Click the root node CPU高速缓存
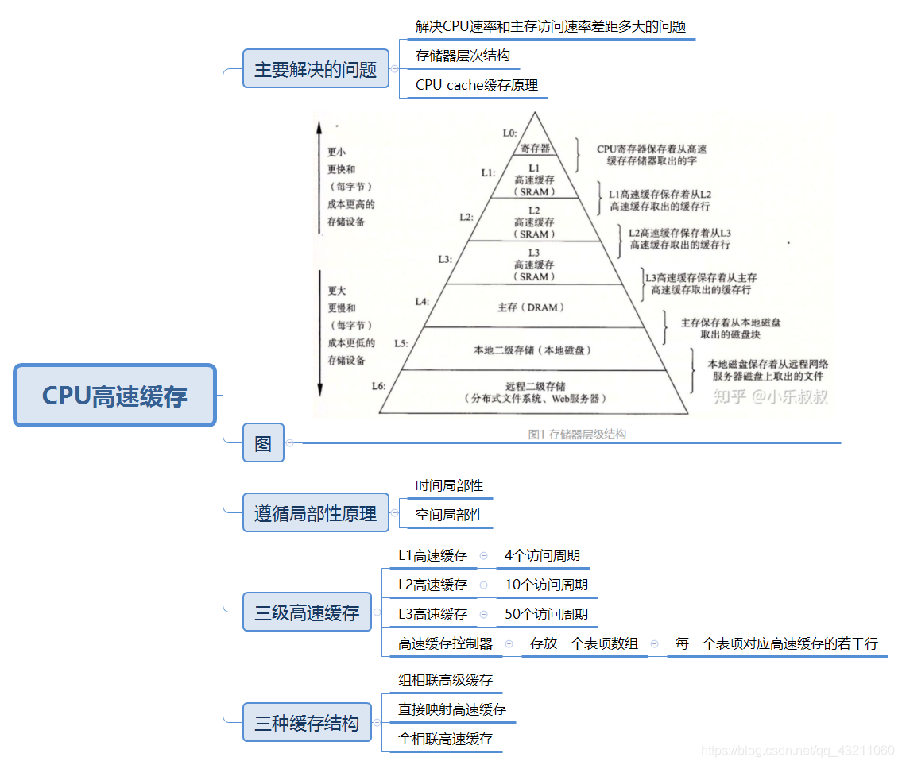tap(115, 396)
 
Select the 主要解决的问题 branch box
tap(316, 69)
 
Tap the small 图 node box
tap(263, 443)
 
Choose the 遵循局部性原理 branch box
tap(316, 513)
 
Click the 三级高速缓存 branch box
tap(307, 612)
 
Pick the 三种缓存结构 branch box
tap(307, 723)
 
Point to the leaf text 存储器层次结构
tap(463, 56)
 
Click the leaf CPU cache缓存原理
tap(477, 85)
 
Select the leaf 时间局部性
tap(449, 485)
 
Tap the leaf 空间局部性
tap(449, 515)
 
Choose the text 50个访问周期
tap(547, 614)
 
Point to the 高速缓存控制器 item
tap(446, 643)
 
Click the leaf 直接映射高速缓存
tap(452, 709)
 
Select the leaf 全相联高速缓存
tap(446, 739)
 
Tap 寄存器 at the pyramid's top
tap(536, 148)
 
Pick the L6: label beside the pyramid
tap(378, 385)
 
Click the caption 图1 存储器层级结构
tap(577, 434)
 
